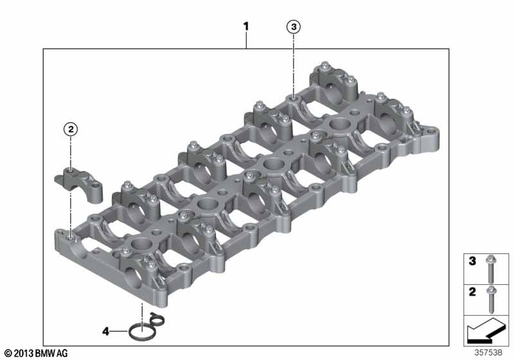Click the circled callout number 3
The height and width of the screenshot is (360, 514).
coord(294,26)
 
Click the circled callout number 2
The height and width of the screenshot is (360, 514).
coord(71,129)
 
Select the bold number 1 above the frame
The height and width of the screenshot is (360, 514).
coord(246,26)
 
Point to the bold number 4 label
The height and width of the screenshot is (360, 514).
coord(105,332)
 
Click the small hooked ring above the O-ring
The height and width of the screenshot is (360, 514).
coord(157,319)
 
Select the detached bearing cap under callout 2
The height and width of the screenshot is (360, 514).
coord(78,184)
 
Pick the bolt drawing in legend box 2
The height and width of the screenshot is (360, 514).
coord(491,300)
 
